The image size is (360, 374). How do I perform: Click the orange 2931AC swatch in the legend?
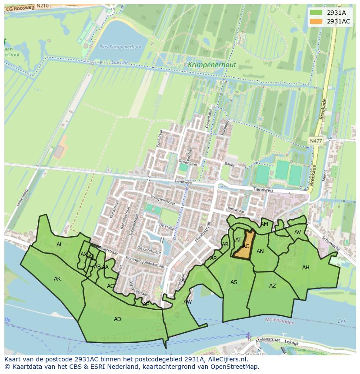(317, 21)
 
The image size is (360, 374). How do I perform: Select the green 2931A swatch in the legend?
(317, 13)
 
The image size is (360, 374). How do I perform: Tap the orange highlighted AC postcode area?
(243, 245)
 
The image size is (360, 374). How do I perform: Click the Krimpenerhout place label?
(212, 65)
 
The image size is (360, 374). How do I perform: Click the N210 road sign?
(42, 6)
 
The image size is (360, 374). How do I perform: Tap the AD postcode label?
(117, 319)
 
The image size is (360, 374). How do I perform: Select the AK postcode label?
(57, 279)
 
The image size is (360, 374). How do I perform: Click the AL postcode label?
(60, 245)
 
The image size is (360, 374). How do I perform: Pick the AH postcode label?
(306, 268)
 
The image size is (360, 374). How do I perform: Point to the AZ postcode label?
(272, 286)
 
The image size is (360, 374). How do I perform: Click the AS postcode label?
(234, 282)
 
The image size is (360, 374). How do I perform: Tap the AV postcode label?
(297, 232)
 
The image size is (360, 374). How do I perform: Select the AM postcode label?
(264, 224)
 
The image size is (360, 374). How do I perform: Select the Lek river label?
(342, 321)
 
